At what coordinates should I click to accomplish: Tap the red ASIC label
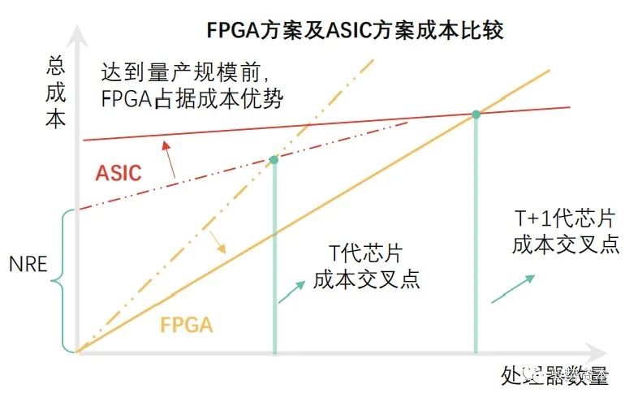click(x=119, y=173)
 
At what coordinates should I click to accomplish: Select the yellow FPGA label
click(x=187, y=326)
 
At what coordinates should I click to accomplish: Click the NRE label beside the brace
click(x=28, y=266)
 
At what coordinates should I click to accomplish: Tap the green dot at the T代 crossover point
click(x=274, y=160)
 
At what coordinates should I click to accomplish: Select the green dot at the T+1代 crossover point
click(x=476, y=114)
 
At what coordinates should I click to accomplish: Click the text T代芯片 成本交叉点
click(x=367, y=265)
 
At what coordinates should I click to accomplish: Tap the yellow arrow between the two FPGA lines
click(x=217, y=241)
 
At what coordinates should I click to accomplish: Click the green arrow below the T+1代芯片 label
click(x=513, y=288)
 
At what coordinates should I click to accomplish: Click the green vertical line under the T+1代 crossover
click(x=476, y=244)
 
